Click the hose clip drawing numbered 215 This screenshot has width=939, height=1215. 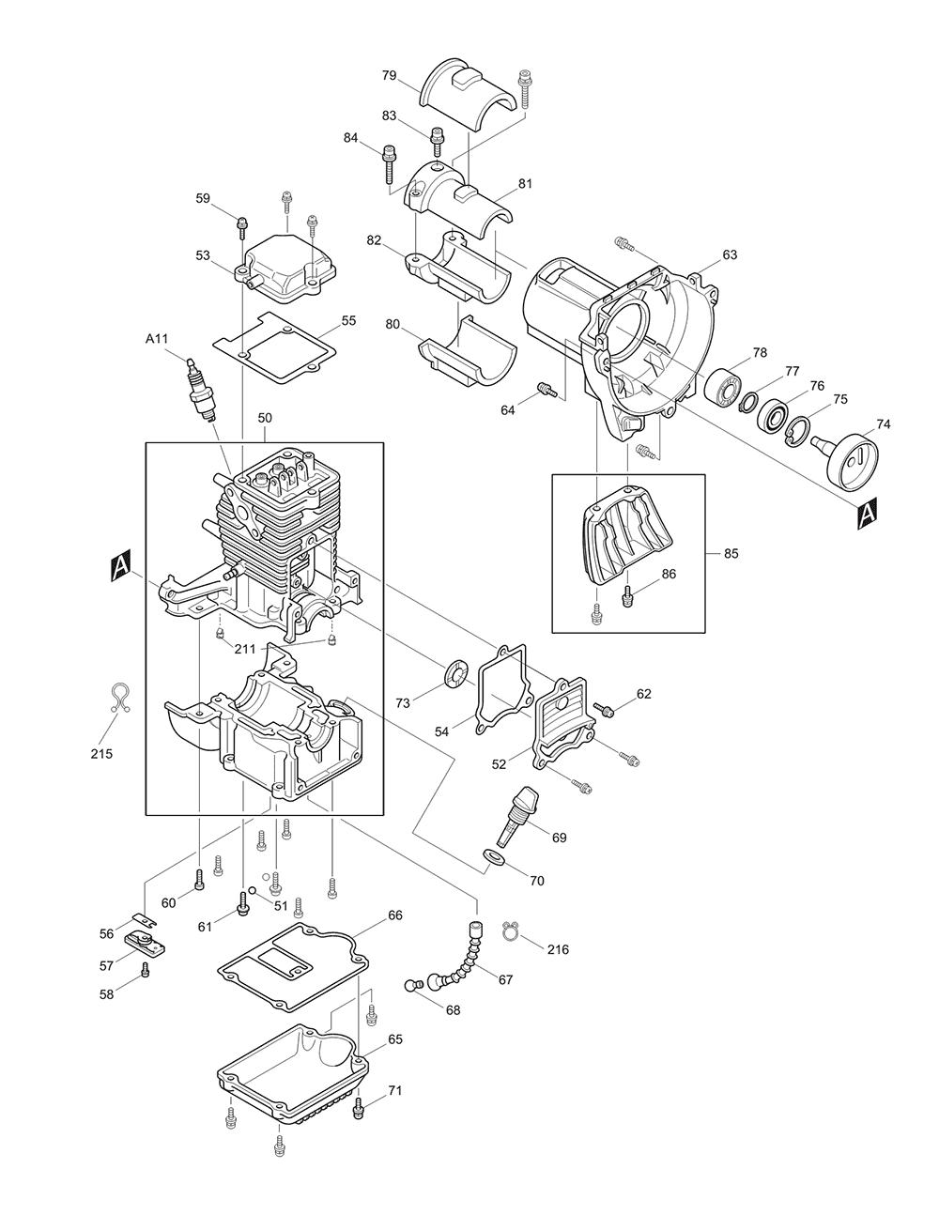point(118,699)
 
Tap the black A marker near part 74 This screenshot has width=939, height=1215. point(868,512)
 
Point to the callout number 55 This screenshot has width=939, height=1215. point(348,320)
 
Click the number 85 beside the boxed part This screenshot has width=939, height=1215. point(731,553)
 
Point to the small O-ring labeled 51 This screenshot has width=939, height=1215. point(253,893)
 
